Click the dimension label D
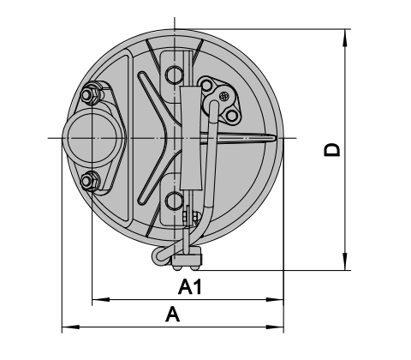pos(332,150)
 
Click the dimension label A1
pos(190,287)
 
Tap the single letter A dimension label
pos(173,314)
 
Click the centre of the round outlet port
pos(92,138)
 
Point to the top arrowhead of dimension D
pos(345,38)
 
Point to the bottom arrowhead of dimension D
pos(345,261)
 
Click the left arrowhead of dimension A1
pos(101,300)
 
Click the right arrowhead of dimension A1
pos(275,300)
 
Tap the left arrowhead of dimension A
pos(71,327)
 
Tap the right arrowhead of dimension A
pos(275,327)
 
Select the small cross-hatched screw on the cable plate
pos(224,96)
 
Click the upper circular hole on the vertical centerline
pos(174,75)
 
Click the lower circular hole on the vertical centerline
pos(174,201)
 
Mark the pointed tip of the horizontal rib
pos(275,138)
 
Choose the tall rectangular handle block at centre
pos(191,138)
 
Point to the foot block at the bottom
pos(187,260)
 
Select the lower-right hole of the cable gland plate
pos(232,116)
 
